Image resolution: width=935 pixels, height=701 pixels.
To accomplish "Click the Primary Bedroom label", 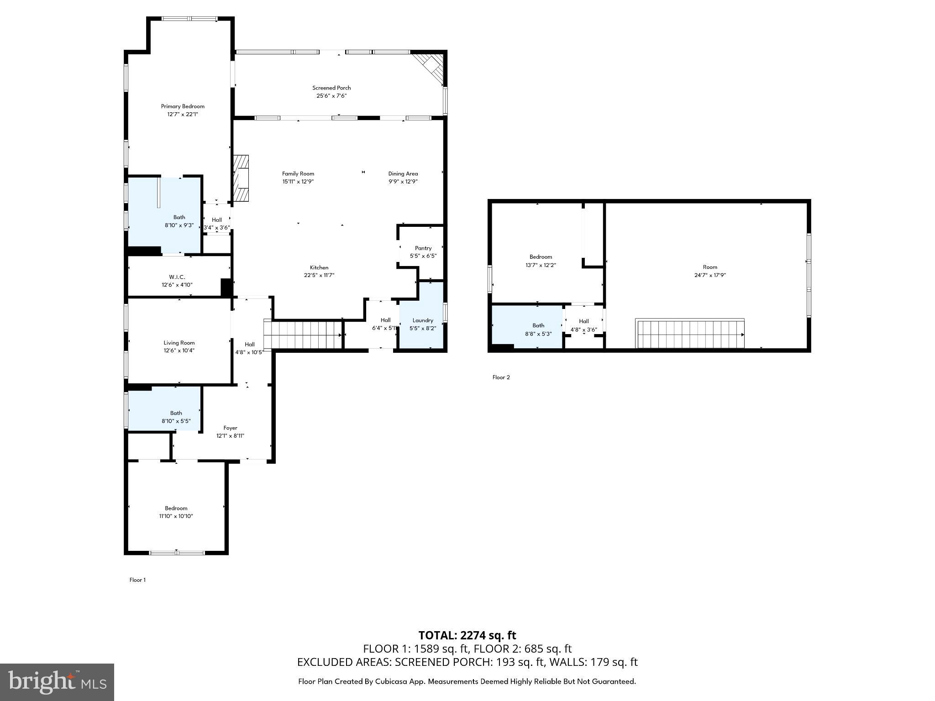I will tap(183, 106).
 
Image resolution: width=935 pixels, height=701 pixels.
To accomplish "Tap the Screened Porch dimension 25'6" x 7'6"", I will tap(331, 96).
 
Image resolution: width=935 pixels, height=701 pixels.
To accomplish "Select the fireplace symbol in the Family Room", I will tap(241, 178).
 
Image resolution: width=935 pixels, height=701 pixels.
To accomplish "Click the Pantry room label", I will tap(423, 248).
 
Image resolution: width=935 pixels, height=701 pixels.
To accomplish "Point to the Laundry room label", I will tap(423, 320).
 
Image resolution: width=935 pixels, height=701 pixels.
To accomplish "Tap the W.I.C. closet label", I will tap(177, 277).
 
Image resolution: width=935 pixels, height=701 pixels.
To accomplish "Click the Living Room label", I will tap(179, 343).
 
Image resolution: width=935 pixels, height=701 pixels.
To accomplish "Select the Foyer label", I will tap(230, 428).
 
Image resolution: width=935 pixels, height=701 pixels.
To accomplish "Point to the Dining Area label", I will tap(403, 173).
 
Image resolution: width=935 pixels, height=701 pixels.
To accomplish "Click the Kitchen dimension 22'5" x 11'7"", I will tap(319, 275).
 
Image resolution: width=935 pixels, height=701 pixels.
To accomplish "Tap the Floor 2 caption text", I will tap(501, 377).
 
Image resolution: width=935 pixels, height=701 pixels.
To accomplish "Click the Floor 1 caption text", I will tap(137, 580).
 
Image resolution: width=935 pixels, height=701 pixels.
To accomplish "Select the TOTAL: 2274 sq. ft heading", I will tap(467, 635).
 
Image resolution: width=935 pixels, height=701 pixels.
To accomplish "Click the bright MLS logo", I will tap(57, 682).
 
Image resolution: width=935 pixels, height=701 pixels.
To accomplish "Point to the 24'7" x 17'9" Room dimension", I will tap(710, 275).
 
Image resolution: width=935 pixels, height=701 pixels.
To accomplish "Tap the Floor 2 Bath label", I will tap(538, 325).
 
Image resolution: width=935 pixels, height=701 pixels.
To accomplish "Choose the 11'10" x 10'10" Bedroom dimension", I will tap(176, 516).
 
